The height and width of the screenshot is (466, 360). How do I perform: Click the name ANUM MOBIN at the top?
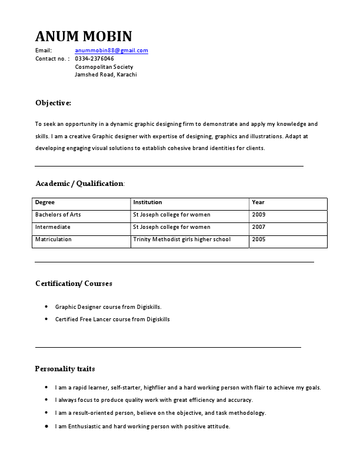tap(84, 36)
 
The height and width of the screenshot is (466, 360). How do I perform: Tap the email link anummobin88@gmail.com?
tap(111, 51)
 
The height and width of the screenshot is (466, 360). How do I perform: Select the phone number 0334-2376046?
tap(94, 59)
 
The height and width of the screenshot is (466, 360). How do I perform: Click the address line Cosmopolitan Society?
tap(104, 67)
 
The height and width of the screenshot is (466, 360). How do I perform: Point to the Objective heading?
tap(53, 103)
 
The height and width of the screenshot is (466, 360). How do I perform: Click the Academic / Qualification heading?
tap(79, 184)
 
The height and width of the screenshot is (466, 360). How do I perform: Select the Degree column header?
tap(45, 202)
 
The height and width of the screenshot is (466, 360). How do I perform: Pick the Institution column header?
tap(147, 202)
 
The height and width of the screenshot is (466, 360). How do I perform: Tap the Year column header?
tap(258, 202)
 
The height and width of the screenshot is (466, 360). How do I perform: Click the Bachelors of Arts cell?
tap(58, 215)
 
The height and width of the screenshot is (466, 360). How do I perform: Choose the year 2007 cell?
tap(258, 227)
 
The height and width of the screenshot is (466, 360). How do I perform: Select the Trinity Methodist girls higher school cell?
tap(182, 239)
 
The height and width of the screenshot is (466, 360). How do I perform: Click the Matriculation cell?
tap(53, 239)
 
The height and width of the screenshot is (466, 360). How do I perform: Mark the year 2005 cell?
tap(258, 239)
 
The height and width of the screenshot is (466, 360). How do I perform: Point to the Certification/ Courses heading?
tap(74, 284)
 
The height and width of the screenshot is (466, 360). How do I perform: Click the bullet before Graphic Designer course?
tap(46, 307)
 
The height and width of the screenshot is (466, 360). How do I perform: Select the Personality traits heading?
tap(65, 369)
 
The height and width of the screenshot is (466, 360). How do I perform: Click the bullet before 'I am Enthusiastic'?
tap(46, 426)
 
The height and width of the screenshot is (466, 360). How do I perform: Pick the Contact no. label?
tap(50, 59)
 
